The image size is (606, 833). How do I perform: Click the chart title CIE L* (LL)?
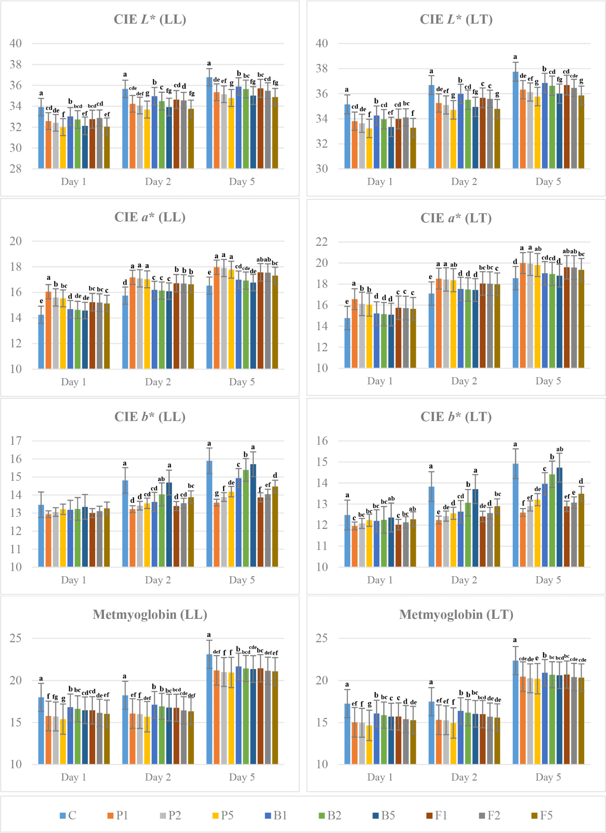(x=150, y=19)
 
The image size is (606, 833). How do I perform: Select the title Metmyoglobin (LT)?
(x=456, y=614)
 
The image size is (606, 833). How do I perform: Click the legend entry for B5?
(x=384, y=815)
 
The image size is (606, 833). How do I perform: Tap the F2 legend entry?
(x=490, y=815)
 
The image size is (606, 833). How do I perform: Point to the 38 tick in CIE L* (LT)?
(x=322, y=68)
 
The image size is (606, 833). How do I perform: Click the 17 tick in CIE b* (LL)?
(x=15, y=440)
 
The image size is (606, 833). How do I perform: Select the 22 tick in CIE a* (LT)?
(x=322, y=242)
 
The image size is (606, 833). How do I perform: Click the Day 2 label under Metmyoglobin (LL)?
(x=158, y=777)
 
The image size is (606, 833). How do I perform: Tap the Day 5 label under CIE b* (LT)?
(x=548, y=580)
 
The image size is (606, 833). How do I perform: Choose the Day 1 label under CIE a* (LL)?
(x=73, y=381)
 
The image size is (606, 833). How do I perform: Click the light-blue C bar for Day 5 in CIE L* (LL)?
(x=209, y=123)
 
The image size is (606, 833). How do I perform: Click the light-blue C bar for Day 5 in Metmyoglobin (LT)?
(x=515, y=713)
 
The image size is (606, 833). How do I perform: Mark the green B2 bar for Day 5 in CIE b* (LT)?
(x=552, y=521)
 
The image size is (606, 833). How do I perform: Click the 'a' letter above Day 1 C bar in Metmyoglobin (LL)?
(x=41, y=678)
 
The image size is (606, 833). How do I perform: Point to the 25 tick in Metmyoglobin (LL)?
(x=15, y=638)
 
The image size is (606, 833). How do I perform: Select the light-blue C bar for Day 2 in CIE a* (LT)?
(x=431, y=330)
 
